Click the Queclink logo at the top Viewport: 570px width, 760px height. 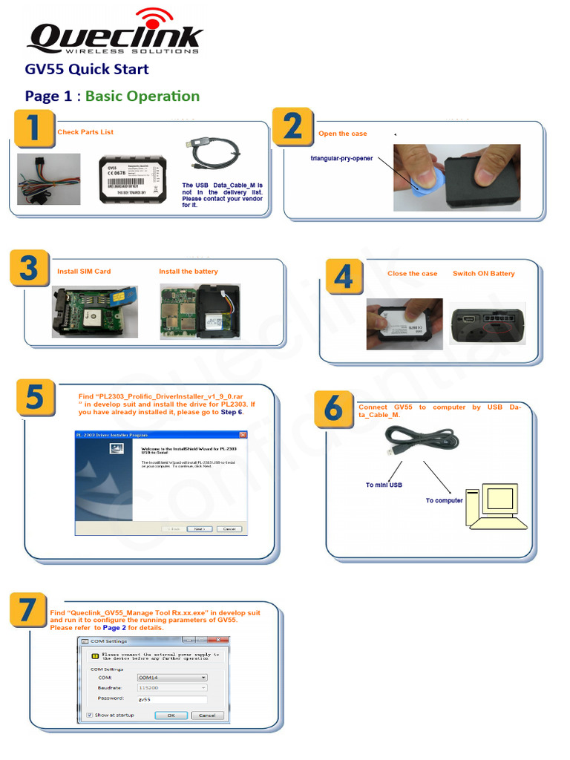coord(115,33)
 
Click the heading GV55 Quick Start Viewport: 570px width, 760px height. coord(87,69)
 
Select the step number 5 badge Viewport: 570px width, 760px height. coord(33,399)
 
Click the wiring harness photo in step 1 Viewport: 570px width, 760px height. coord(49,179)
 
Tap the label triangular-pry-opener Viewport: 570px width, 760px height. coord(341,158)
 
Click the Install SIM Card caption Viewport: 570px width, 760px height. coord(84,272)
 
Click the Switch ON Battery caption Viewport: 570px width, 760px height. coord(483,274)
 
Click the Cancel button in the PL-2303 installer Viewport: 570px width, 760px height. coord(229,529)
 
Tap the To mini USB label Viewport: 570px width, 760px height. coord(384,485)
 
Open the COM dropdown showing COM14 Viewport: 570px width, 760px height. coord(171,677)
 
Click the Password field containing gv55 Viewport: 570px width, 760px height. coord(171,699)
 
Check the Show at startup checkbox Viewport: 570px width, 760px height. coord(89,715)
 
